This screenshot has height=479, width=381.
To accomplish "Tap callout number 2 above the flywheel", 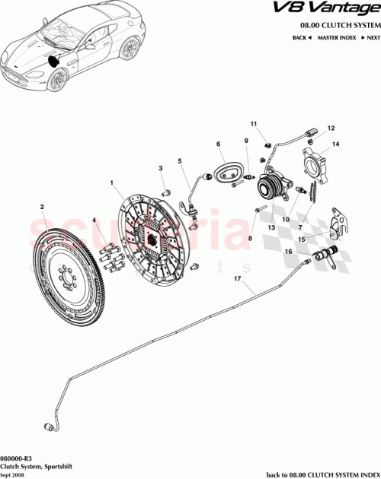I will [x=43, y=206].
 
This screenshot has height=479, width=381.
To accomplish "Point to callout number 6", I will [x=218, y=144].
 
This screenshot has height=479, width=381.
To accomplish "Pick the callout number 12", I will [x=331, y=128].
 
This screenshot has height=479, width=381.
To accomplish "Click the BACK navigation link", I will [x=299, y=36].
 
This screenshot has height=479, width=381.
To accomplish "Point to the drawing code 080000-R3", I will [x=17, y=459].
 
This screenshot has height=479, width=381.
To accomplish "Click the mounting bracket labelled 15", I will [x=338, y=222].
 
